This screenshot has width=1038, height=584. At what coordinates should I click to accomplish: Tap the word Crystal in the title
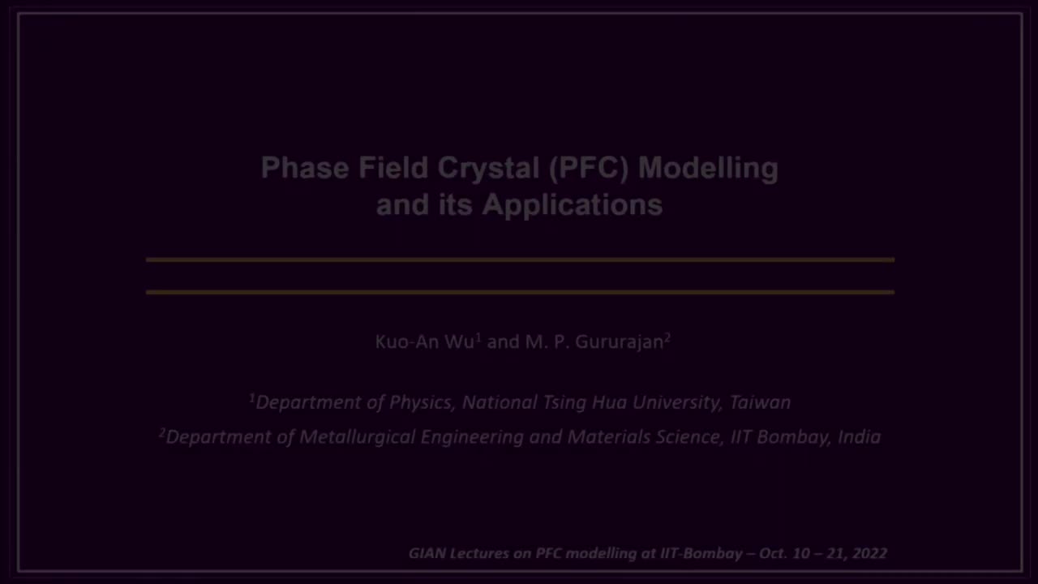pyautogui.click(x=488, y=168)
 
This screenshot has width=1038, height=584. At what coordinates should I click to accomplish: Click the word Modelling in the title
pyautogui.click(x=707, y=168)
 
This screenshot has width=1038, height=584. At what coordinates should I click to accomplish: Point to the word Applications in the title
pyautogui.click(x=572, y=204)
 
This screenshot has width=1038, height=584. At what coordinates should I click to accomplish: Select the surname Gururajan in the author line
pyautogui.click(x=620, y=341)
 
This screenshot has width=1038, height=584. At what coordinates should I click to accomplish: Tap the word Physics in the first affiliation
pyautogui.click(x=420, y=402)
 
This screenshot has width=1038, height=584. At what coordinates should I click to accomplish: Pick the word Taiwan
pyautogui.click(x=760, y=402)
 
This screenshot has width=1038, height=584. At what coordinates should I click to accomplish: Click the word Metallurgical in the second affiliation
pyautogui.click(x=358, y=437)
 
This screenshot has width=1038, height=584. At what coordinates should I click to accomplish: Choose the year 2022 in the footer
pyautogui.click(x=869, y=553)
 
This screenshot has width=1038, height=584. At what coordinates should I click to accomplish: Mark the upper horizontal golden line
pyautogui.click(x=519, y=260)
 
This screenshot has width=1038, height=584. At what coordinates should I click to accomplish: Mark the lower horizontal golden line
pyautogui.click(x=519, y=292)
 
